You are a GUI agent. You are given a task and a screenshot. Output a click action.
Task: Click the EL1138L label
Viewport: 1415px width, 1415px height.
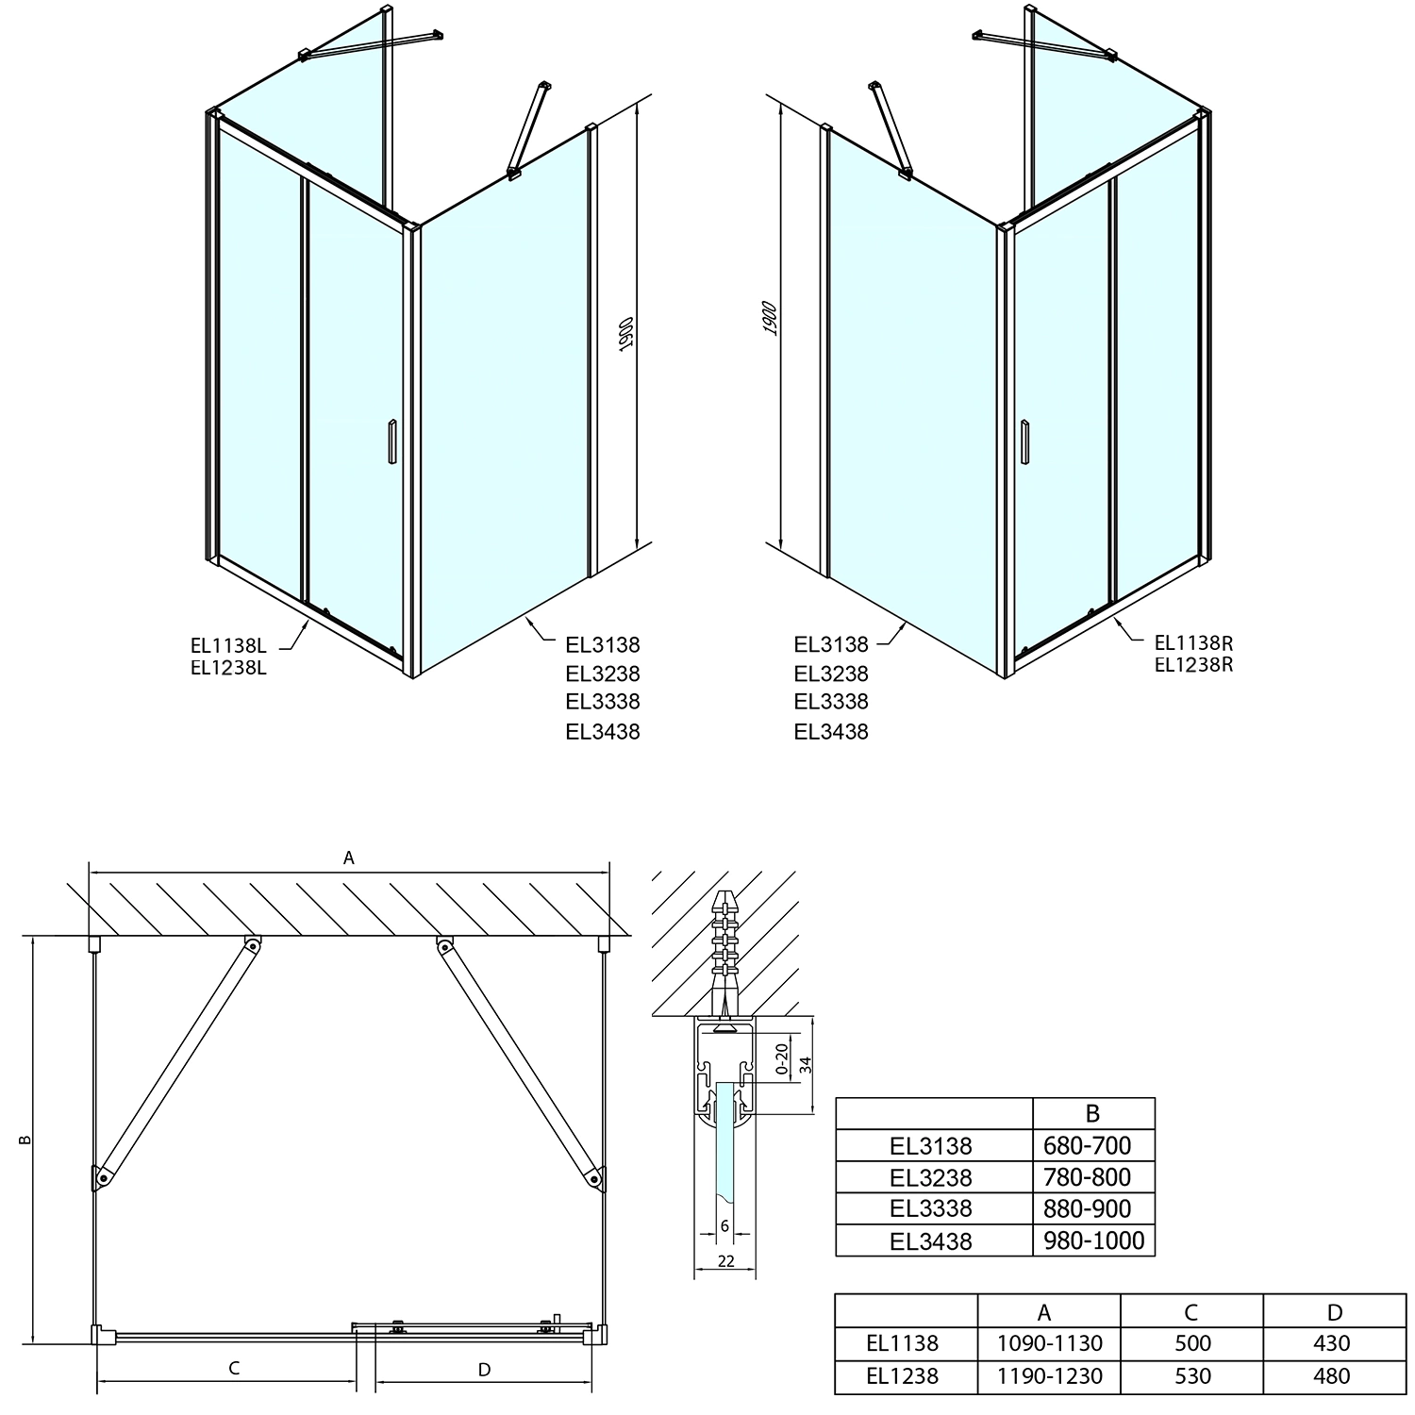click(x=228, y=646)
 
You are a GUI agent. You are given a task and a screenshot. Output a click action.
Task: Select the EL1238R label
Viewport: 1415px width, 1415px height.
click(x=1193, y=664)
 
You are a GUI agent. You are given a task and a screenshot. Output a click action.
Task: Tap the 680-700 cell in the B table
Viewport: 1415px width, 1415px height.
click(x=1093, y=1146)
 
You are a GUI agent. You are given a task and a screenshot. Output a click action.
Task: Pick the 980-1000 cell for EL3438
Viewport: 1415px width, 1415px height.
click(x=1093, y=1240)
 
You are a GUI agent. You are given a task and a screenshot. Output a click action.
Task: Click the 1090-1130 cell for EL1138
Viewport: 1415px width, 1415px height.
click(x=1048, y=1343)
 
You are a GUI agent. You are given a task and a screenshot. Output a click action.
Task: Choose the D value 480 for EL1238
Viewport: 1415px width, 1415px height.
click(x=1331, y=1376)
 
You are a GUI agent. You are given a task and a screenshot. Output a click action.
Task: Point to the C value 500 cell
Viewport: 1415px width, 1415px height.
click(x=1192, y=1343)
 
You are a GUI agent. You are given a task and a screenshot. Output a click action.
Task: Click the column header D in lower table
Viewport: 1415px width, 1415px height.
click(x=1333, y=1312)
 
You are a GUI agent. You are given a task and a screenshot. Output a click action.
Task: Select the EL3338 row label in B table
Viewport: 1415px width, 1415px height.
click(x=930, y=1208)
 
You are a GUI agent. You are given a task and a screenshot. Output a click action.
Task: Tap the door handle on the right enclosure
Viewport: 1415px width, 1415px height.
click(x=1024, y=441)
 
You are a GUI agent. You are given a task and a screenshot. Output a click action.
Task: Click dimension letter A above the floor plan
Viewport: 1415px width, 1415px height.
click(x=349, y=857)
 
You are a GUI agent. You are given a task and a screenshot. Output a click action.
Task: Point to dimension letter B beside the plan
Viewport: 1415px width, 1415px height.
click(x=25, y=1140)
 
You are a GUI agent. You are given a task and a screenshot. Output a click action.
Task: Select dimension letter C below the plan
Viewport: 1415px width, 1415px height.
click(x=234, y=1369)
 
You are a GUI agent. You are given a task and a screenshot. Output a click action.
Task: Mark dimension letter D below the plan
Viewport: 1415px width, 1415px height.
click(x=484, y=1369)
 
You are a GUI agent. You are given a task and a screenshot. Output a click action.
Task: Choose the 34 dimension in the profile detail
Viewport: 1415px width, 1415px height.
click(x=805, y=1064)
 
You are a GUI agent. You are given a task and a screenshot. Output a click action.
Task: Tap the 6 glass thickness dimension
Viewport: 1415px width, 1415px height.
click(x=724, y=1225)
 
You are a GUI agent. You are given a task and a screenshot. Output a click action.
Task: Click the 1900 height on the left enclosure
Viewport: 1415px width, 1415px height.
click(x=625, y=335)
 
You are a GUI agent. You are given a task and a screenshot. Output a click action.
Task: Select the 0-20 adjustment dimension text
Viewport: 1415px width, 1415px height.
click(x=781, y=1058)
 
